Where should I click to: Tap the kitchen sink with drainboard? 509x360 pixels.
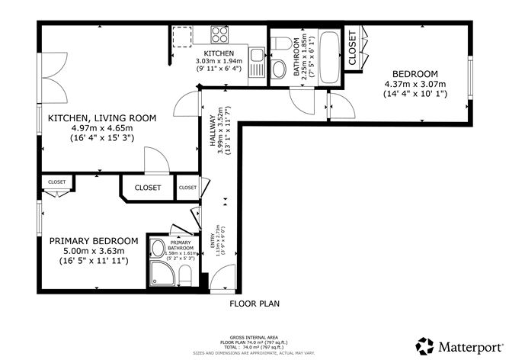257,62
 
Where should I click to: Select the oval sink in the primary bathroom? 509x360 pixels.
158,247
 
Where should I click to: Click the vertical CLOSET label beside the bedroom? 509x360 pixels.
352,48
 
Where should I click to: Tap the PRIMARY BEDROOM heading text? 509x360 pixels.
94,240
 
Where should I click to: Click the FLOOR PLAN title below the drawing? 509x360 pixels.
254,304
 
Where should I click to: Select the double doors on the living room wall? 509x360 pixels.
48,80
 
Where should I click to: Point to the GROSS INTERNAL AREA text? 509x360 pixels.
254,336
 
